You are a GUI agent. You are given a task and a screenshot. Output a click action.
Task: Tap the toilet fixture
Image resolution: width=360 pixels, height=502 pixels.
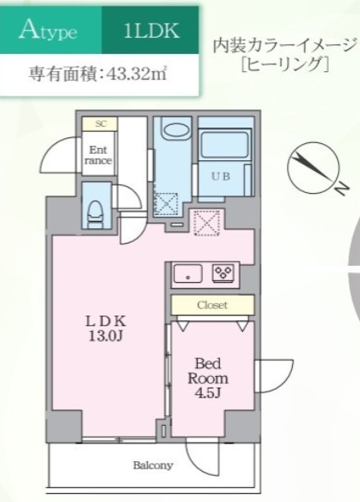coord(95,211)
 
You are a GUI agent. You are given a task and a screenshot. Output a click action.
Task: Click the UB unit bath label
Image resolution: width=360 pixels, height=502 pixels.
coord(222,175)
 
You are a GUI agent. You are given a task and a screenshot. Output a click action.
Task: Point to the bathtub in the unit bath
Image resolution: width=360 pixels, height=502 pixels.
coord(222,163)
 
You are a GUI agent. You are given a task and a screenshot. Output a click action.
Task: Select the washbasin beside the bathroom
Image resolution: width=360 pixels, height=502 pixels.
coord(173,133)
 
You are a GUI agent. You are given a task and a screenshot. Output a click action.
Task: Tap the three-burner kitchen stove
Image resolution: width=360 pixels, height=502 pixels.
coord(223,273)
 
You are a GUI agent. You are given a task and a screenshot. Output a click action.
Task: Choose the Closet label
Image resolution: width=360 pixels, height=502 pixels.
coord(212,305)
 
